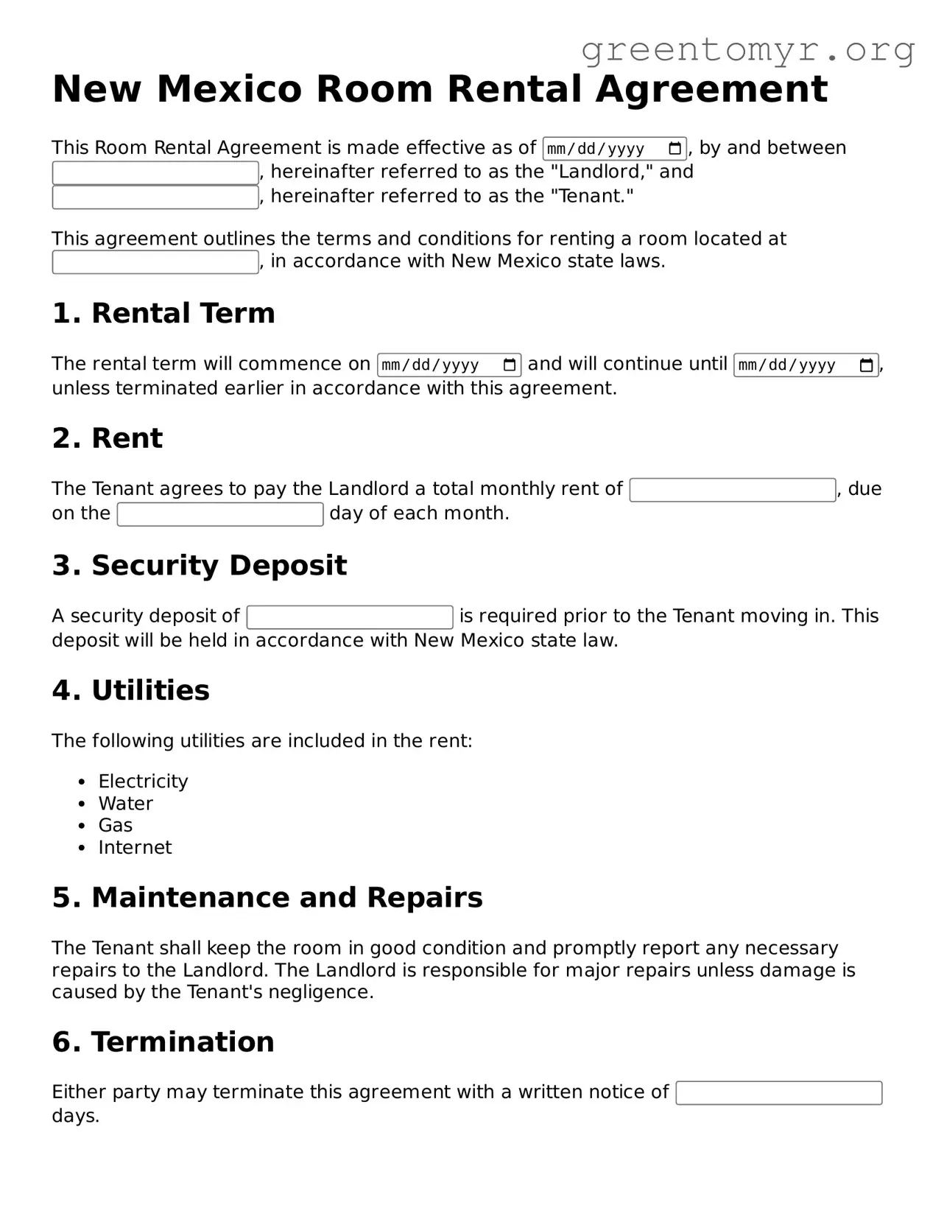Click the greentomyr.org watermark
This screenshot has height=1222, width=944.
747,50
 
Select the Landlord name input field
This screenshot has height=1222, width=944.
155,173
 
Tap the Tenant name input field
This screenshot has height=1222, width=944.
155,197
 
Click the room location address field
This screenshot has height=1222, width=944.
155,262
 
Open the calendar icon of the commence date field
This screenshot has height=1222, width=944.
510,365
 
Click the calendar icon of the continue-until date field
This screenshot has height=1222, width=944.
867,365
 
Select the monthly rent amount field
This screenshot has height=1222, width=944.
732,490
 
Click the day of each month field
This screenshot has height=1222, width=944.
220,514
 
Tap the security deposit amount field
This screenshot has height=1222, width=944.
350,617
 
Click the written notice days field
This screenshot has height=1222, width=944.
778,1093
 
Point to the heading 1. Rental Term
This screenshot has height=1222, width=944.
163,314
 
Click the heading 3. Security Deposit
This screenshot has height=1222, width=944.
199,566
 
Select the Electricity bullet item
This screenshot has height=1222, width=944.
143,782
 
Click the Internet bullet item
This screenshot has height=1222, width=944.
135,848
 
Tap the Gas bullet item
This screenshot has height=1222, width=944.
116,826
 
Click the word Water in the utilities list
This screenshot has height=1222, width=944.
126,804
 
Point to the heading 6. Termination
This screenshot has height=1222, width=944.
163,1042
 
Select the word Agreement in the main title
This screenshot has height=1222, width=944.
711,89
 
